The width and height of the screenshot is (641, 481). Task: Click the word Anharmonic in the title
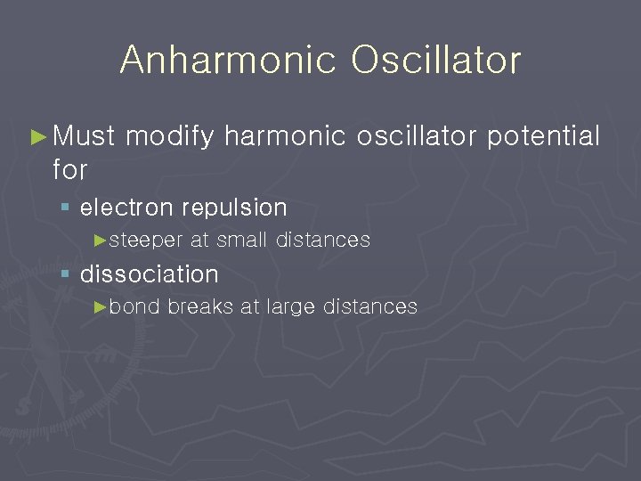point(228,61)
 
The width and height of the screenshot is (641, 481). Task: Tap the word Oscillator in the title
point(435,61)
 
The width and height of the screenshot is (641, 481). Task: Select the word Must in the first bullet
point(85,136)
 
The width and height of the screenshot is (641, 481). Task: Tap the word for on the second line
point(69,168)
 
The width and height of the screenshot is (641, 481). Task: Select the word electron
point(126,208)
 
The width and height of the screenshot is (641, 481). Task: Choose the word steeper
point(147,240)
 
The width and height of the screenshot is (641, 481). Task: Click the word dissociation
point(149,273)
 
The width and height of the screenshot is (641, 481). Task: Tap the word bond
point(134,306)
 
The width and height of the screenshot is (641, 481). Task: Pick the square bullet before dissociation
point(66,274)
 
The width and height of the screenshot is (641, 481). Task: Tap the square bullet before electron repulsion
point(66,208)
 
